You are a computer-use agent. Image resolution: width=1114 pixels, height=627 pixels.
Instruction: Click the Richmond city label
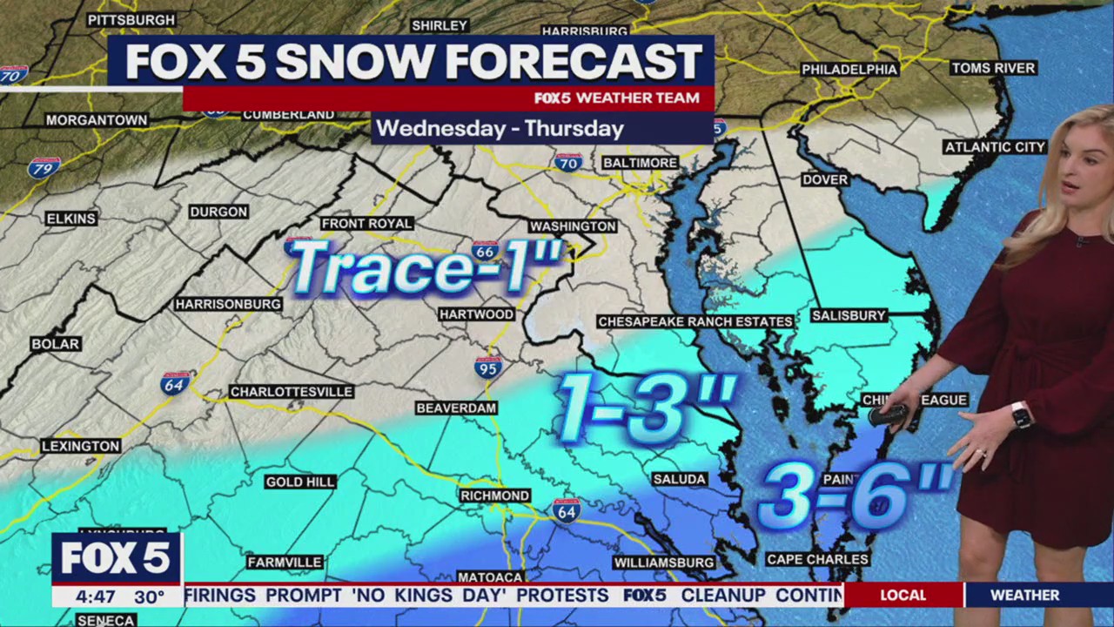[x=495, y=496]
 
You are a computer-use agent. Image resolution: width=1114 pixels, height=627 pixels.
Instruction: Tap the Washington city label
[x=573, y=226]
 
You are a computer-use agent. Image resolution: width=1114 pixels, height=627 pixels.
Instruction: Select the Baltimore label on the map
[x=640, y=163]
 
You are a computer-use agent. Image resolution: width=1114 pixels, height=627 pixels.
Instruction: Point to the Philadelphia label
[x=849, y=70]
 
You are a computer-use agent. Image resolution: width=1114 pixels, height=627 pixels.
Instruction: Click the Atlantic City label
[x=994, y=147]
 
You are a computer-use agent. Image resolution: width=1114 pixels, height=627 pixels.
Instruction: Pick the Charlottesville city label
[x=291, y=392]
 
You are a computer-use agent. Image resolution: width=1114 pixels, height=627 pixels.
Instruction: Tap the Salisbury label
[x=848, y=315]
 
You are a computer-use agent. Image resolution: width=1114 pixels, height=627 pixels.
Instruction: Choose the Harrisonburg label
[x=228, y=304]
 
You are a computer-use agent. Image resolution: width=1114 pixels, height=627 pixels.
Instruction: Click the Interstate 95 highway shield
[x=488, y=367]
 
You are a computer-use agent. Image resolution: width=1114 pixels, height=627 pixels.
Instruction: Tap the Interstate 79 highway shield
[x=44, y=167]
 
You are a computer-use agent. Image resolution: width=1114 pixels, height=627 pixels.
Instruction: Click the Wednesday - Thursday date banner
[x=500, y=129]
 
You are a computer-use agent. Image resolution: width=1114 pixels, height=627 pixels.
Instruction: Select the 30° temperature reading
[x=149, y=597]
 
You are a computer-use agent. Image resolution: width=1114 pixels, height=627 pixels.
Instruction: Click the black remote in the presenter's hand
[x=889, y=415]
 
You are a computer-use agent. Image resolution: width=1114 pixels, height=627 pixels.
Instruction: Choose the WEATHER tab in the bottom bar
[x=1024, y=595]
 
